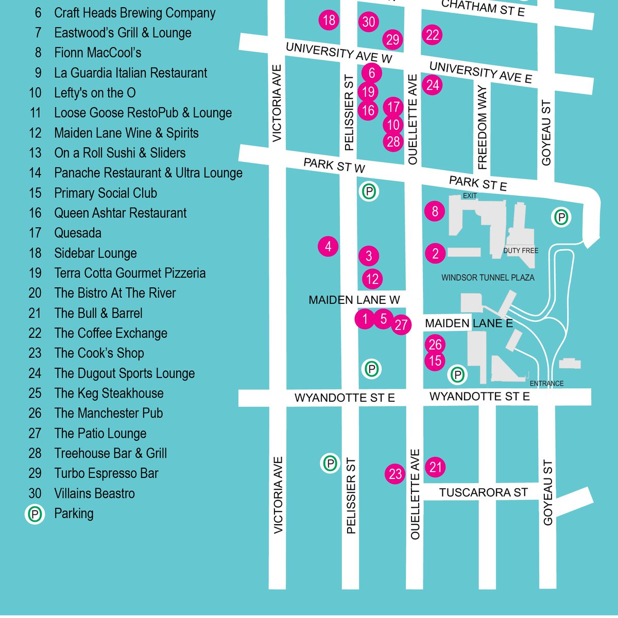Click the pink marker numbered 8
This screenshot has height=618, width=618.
pos(435,211)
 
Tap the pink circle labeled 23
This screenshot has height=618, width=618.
pos(395,474)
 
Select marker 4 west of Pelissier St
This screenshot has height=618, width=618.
pos(328,247)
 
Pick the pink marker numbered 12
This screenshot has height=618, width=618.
pos(372,279)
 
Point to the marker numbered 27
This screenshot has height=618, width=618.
pos(401,325)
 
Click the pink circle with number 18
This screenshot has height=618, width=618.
pos(329,20)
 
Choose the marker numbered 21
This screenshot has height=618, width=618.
pos(436,467)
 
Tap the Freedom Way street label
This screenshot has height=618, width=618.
pos(482,127)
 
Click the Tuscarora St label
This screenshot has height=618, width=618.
pos(483,493)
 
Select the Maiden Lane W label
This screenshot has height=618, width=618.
pos(354,300)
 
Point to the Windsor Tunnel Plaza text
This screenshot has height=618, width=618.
pos(488,278)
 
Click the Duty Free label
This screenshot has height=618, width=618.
pos(521,251)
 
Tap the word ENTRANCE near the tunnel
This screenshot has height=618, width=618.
pos(546,384)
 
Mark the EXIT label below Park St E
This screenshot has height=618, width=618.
pos(470,196)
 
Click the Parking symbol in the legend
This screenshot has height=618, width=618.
pos(35,514)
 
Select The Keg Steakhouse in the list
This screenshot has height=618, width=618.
pos(109,393)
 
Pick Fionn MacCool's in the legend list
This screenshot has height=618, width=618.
pos(97,53)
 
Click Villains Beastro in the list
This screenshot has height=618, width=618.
pos(94,493)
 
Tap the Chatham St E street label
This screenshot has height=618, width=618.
pos(483,8)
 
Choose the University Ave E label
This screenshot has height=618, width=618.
pos(480,72)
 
